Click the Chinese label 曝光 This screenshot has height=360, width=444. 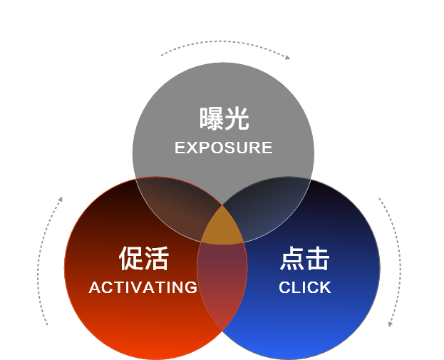[x=224, y=119]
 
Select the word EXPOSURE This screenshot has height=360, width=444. [x=224, y=148]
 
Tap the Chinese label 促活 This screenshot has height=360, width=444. [x=143, y=259]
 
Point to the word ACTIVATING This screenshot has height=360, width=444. [x=143, y=287]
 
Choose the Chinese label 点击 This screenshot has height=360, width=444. [x=305, y=259]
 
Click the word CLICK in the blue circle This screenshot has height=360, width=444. [x=305, y=287]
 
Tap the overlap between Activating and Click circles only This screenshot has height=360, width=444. [x=222, y=285]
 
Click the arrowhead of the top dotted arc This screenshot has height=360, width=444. [x=287, y=58]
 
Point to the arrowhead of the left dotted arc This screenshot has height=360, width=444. [x=61, y=199]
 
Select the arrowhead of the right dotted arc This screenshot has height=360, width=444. [x=391, y=324]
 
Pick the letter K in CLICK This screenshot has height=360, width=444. [x=325, y=287]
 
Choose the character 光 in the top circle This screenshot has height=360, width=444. [x=237, y=119]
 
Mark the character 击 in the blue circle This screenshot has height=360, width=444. [x=318, y=259]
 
